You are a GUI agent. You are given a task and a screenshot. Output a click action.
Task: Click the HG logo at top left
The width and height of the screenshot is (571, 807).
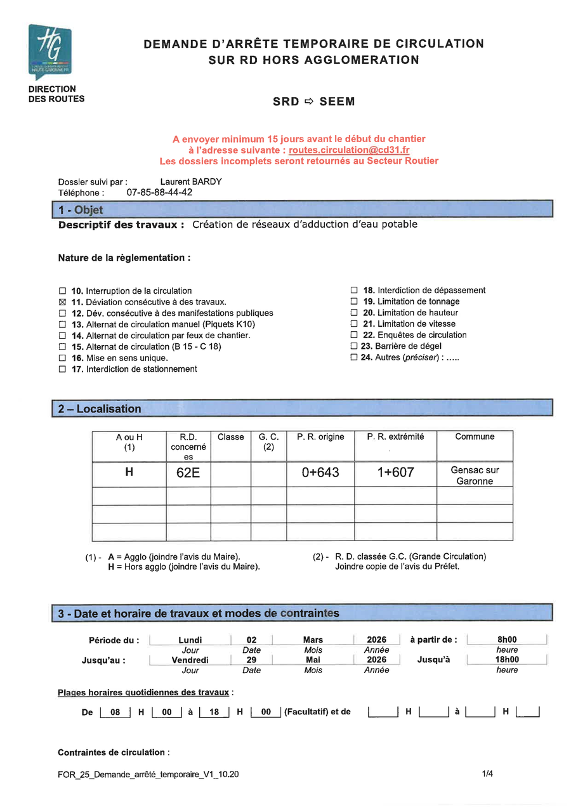coord(49,51)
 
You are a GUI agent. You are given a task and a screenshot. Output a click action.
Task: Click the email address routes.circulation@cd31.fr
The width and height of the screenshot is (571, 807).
coord(349,150)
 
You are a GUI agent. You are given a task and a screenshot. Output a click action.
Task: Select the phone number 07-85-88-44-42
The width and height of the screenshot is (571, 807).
coord(159,192)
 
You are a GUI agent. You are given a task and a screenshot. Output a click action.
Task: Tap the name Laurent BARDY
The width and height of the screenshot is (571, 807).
coord(191,181)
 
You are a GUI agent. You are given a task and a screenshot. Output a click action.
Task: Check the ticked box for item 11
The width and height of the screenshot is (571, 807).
coord(62,302)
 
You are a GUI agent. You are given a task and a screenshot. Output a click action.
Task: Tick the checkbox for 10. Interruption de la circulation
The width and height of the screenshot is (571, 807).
coord(62,291)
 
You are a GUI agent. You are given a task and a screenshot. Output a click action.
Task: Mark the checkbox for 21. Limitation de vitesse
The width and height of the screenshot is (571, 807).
coord(355,324)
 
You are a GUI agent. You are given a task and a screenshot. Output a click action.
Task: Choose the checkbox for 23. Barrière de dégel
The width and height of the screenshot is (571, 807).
coord(355,346)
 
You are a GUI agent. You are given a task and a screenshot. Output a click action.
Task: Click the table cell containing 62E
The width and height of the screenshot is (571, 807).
coord(188,473)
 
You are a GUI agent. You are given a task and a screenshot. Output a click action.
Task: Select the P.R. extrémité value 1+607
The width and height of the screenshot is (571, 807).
coord(395,473)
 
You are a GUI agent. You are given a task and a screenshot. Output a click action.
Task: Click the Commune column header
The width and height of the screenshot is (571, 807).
coord(474,436)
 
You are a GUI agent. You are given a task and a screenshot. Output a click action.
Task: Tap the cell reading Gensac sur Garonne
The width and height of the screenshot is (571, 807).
coord(475,475)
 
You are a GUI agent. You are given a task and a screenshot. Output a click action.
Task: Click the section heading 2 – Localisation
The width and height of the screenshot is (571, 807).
coord(100,409)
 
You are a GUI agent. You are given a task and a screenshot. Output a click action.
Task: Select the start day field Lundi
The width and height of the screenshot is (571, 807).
coord(190,640)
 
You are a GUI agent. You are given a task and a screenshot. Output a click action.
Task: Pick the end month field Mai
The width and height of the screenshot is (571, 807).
coord(313,660)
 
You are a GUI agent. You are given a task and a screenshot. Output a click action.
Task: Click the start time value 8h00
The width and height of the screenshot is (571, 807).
coord(507,640)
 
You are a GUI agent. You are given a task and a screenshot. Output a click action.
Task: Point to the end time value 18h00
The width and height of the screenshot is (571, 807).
coord(507,660)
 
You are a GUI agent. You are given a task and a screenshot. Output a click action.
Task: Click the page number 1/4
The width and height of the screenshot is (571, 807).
coord(487,773)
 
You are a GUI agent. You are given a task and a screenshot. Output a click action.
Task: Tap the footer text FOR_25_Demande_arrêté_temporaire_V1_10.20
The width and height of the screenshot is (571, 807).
coord(148,774)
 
